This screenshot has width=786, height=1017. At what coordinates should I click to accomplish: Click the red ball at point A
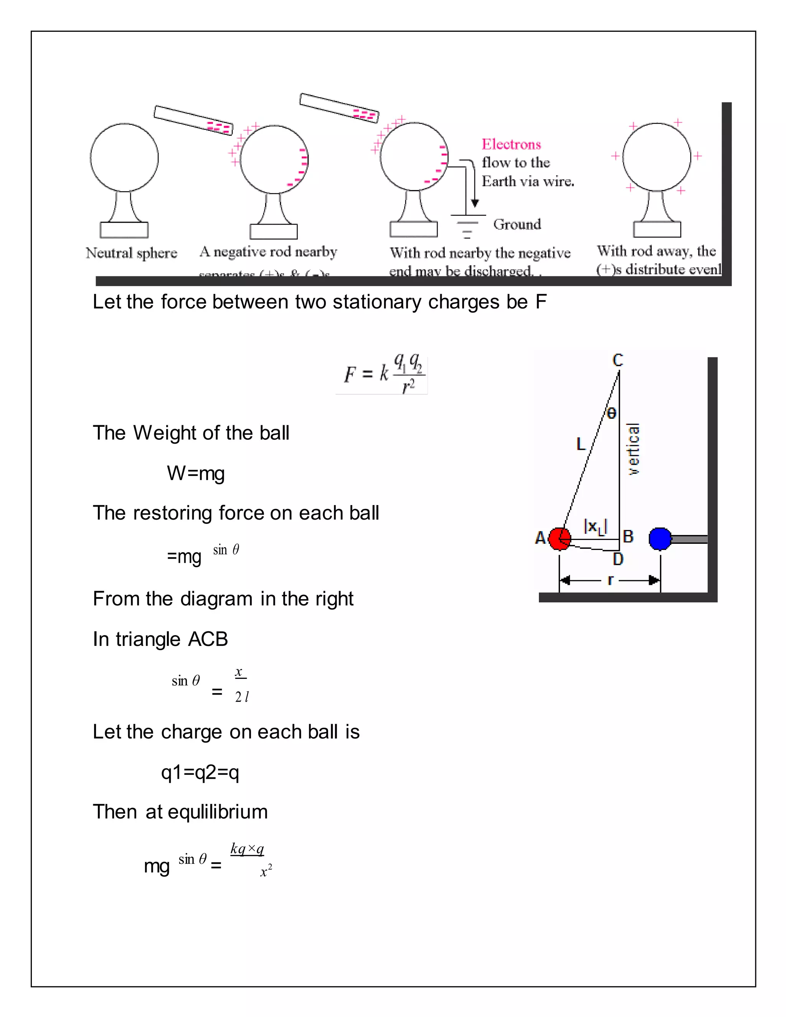559,539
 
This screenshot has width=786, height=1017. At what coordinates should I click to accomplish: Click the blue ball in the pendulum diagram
660,539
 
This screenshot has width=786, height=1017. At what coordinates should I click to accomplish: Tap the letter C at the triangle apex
618,360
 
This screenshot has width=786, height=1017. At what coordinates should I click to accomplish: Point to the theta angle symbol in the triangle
611,413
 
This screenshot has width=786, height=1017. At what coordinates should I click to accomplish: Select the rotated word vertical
633,449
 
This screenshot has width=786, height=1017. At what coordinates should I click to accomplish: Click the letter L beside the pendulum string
581,444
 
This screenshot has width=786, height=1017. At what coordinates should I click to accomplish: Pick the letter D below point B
618,559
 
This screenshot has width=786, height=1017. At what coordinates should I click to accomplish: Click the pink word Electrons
511,144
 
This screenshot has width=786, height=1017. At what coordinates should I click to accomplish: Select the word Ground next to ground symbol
517,225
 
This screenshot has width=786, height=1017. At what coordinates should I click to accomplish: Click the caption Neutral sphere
131,253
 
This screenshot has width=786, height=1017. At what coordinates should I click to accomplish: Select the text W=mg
196,474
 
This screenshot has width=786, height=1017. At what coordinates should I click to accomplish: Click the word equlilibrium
218,812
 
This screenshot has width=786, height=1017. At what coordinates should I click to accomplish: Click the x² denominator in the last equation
266,870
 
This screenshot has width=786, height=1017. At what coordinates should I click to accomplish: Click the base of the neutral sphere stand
124,230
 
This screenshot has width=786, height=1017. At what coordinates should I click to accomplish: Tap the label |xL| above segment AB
596,527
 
